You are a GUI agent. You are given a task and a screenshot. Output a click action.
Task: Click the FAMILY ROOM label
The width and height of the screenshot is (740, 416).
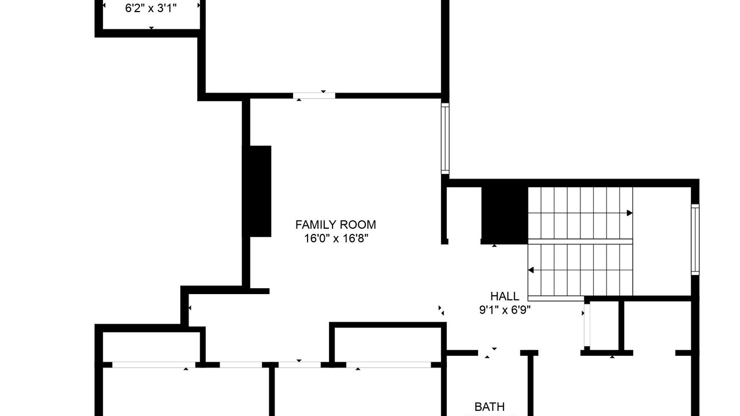click(336, 225)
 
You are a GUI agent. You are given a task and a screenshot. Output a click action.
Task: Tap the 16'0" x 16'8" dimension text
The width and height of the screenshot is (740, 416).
click(336, 239)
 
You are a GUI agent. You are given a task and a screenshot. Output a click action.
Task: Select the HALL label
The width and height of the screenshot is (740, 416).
click(505, 296)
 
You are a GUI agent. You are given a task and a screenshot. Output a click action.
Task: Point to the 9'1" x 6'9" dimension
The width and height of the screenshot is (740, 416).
click(505, 310)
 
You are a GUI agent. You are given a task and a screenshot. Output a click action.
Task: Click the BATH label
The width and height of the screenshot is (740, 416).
click(490, 407)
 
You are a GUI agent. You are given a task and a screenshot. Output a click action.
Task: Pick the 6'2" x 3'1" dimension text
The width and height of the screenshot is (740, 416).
click(151, 8)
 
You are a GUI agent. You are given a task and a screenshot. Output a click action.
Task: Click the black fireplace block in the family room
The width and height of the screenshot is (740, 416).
click(257, 191)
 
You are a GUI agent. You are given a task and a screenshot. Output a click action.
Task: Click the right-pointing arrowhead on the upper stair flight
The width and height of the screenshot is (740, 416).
click(630, 213)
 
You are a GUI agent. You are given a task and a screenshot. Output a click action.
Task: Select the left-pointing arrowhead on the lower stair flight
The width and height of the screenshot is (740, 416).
click(531, 270)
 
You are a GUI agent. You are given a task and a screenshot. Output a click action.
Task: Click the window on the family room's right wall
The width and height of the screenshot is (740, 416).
click(445, 138)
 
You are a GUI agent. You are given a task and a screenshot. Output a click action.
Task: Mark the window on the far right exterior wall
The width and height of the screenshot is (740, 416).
click(695, 239)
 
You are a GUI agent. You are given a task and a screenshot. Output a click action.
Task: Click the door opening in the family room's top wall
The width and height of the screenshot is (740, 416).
click(314, 96)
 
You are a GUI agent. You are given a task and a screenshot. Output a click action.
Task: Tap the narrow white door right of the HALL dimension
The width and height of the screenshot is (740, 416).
click(587, 325)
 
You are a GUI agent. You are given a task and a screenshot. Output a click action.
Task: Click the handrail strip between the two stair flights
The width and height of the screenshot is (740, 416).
click(580, 242)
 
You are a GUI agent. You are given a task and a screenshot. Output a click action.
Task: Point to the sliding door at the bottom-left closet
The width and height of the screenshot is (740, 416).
click(154, 365)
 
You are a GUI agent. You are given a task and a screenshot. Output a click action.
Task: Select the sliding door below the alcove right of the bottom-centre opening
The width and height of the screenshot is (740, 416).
click(388, 365)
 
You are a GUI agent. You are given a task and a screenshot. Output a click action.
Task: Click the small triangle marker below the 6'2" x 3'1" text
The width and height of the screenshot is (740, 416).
click(151, 28)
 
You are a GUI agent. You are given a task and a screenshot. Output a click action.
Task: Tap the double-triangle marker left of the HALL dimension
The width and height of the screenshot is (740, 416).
click(441, 310)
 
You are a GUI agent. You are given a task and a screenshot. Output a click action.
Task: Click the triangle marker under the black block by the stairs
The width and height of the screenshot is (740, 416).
click(494, 246)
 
